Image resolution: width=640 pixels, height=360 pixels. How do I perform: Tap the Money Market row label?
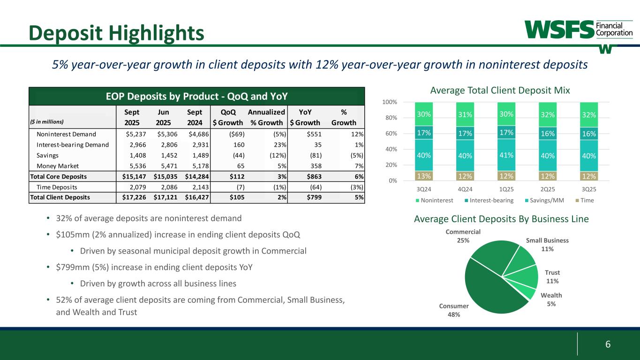tap(58, 166)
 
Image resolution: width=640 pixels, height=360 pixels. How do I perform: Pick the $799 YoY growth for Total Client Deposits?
tap(312, 197)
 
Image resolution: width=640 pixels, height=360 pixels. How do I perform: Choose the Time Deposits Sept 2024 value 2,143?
tap(199, 187)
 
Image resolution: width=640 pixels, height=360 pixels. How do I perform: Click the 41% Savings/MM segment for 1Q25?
tap(506, 155)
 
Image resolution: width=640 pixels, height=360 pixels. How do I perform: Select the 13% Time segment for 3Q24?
tap(424, 176)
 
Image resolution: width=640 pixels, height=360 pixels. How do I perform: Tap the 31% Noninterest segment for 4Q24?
tap(465, 114)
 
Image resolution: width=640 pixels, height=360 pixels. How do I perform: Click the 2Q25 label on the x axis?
tap(547, 191)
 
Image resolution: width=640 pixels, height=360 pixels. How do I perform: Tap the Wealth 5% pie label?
tap(551, 299)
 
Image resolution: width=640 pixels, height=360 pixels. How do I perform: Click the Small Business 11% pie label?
tap(547, 244)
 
